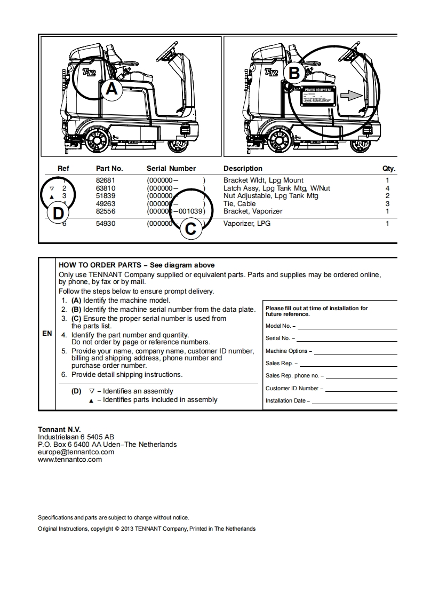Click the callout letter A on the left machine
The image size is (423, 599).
pos(111,89)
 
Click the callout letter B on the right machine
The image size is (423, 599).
pos(294,72)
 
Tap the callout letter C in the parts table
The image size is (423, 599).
pos(190,229)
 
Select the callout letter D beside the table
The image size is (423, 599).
pos(58,213)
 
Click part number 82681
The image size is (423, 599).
pos(106,180)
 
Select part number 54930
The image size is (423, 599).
pos(106,224)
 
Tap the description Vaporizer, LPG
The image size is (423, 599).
pos(247,224)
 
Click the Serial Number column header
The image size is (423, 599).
pos(171,169)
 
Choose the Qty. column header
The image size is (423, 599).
pos(388,169)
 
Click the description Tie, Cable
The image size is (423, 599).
pos(240,203)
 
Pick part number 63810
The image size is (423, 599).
pos(106,188)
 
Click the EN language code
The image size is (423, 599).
pos(47,334)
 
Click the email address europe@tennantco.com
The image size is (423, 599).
pos(76,452)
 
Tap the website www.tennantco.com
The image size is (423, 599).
pos(70,459)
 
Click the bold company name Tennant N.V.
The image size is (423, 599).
pos(59,429)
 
